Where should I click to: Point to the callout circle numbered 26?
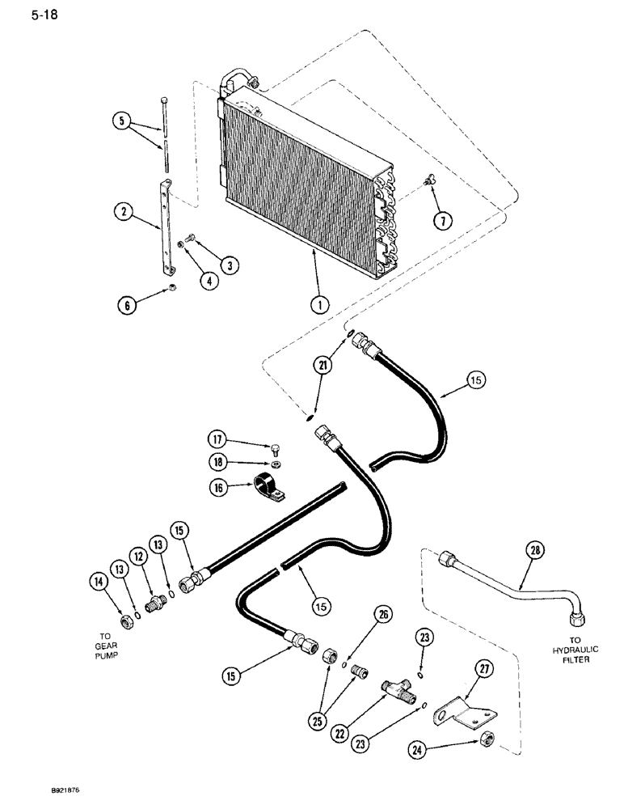click(x=382, y=616)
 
